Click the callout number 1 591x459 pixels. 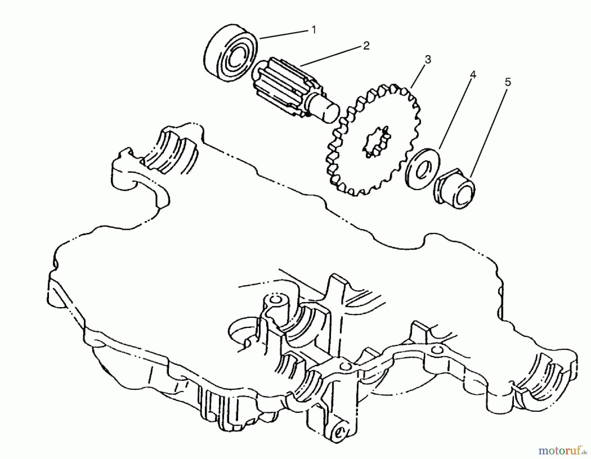314,30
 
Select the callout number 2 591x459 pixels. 366,46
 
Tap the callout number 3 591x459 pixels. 427,60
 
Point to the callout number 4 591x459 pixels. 472,75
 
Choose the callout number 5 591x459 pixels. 508,82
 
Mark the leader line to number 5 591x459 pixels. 489,131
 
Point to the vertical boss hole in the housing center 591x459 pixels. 275,300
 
